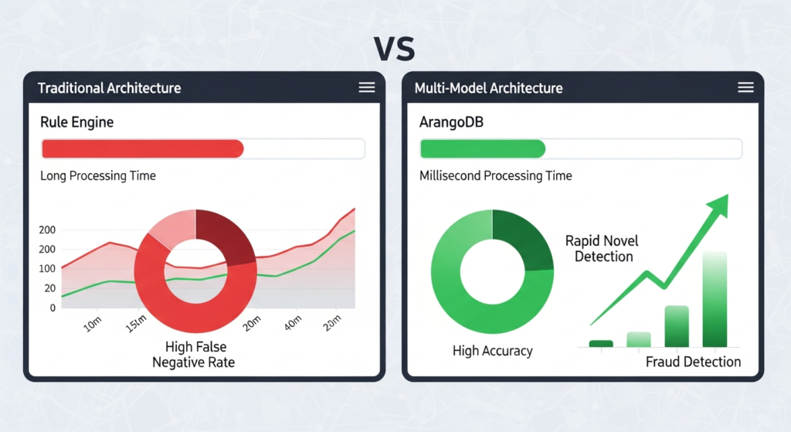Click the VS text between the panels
395,48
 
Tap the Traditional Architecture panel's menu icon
367,87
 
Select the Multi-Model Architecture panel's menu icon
745,87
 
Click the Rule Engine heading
76,122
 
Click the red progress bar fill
142,149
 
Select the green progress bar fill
483,149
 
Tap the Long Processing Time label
98,176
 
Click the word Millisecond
450,176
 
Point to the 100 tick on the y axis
47,269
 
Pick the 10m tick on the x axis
93,323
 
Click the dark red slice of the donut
224,236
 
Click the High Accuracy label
493,352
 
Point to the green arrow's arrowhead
718,205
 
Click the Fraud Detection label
693,362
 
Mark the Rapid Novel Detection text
603,249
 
